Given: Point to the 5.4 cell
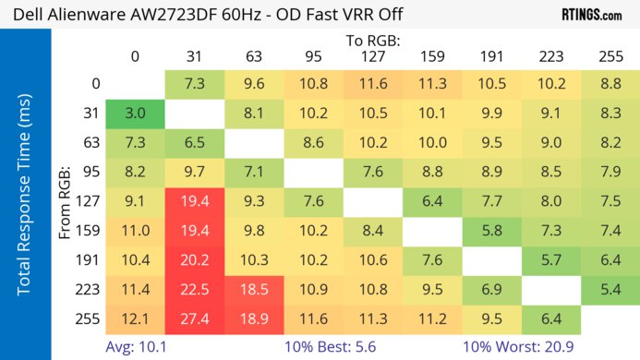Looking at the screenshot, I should coord(610,290).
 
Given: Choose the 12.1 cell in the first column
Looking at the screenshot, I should coord(135,319).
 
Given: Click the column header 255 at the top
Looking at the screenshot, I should coord(610,56).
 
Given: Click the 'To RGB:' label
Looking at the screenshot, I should coord(372,41).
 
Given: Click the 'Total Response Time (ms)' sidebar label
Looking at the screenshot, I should coord(24,194).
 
